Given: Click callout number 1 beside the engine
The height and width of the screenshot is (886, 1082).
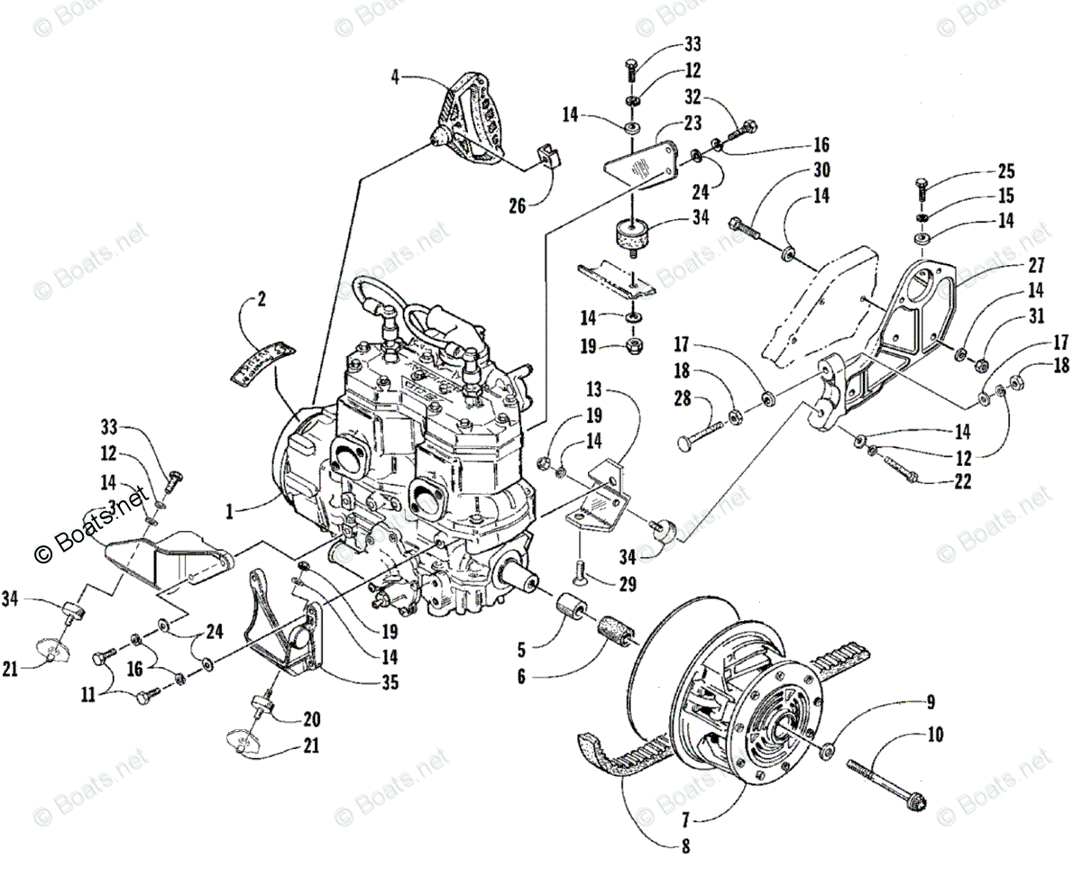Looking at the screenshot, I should pos(231,511).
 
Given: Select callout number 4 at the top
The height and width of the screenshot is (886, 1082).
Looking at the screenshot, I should pos(395,76).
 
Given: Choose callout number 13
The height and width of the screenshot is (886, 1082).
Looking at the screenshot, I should pos(592,391).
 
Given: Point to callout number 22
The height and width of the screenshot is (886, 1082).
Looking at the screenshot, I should pos(962,482).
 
